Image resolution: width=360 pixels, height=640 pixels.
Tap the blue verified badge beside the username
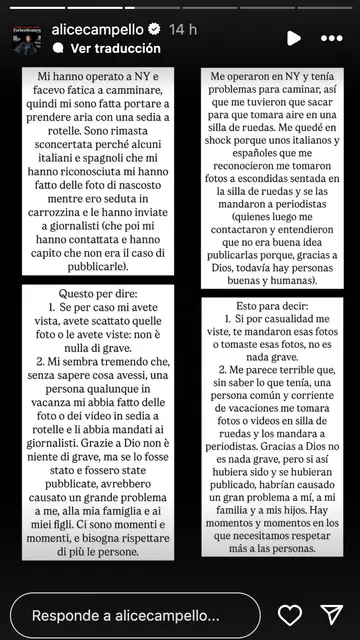(155, 30)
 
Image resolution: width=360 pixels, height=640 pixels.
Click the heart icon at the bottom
(290, 615)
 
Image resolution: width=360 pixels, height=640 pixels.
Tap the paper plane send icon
(332, 615)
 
